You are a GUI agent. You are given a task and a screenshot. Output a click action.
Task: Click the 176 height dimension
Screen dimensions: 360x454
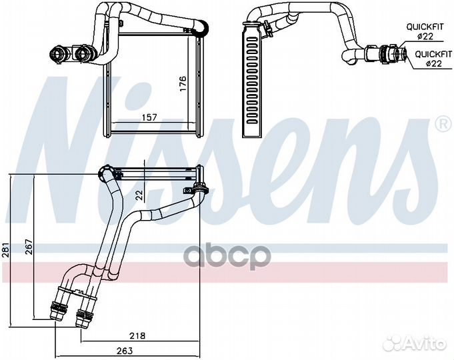point(183,83)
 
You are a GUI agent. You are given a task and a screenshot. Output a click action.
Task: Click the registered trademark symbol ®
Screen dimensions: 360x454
point(442,124)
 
